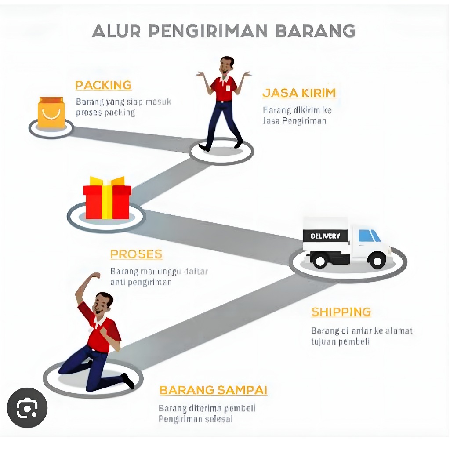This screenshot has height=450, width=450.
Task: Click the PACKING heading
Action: pyautogui.click(x=103, y=85)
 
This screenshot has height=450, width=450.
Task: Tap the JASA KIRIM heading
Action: pyautogui.click(x=299, y=93)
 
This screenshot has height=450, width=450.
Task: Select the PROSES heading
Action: pyautogui.click(x=136, y=254)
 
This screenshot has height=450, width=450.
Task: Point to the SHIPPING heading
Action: pyautogui.click(x=341, y=312)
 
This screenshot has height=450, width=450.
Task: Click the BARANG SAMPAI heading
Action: pyautogui.click(x=213, y=390)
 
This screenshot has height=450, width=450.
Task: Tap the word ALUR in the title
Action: pyautogui.click(x=117, y=31)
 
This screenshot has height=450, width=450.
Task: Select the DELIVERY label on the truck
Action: pyautogui.click(x=325, y=236)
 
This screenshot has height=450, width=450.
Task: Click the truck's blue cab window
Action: pyautogui.click(x=368, y=236)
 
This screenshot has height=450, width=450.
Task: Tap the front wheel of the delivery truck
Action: pyautogui.click(x=377, y=260)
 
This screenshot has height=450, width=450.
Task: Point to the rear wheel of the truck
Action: pyautogui.click(x=319, y=260)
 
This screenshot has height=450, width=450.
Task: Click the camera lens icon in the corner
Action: pyautogui.click(x=27, y=408)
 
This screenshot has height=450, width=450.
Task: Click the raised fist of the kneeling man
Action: pyautogui.click(x=95, y=276)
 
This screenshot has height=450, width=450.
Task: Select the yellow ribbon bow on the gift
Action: pyautogui.click(x=107, y=181)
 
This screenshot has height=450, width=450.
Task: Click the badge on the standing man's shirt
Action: pyautogui.click(x=228, y=87)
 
